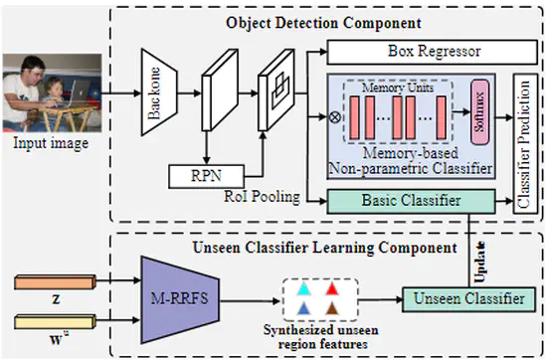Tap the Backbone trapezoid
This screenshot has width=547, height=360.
[x=156, y=95]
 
